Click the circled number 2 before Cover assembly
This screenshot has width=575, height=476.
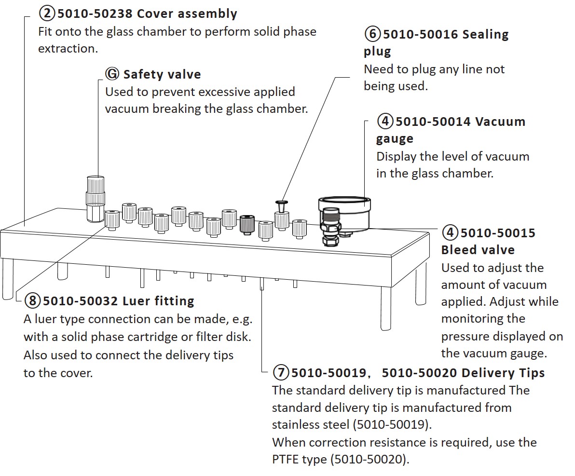pyautogui.click(x=47, y=13)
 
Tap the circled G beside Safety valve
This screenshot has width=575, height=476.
pyautogui.click(x=112, y=74)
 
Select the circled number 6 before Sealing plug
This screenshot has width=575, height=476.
pyautogui.click(x=372, y=34)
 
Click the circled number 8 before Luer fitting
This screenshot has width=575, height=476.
pyautogui.click(x=32, y=301)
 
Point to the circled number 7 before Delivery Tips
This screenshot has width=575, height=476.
pyautogui.click(x=281, y=373)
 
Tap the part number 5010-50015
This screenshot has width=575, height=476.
pyautogui.click(x=498, y=233)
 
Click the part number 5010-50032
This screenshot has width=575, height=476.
pyautogui.click(x=80, y=301)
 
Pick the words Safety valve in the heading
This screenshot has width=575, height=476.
pyautogui.click(x=162, y=74)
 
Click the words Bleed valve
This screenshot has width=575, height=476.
pyautogui.click(x=478, y=250)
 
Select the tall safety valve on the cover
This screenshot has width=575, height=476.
pyautogui.click(x=95, y=198)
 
